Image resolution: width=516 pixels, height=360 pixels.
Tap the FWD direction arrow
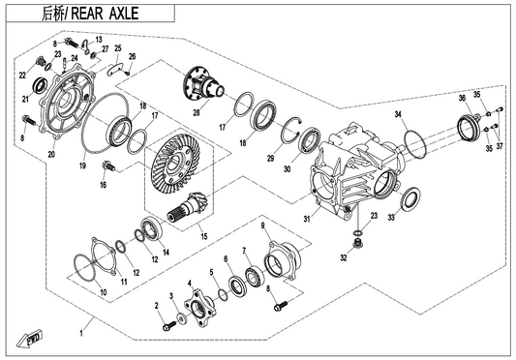click(30, 339)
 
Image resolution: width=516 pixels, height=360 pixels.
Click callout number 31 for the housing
click(307, 219)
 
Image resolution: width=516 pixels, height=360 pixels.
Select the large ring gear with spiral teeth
click(172, 163)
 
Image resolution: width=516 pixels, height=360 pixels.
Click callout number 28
click(197, 112)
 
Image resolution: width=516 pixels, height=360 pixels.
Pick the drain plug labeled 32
click(355, 244)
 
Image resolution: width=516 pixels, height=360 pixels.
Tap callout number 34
click(398, 114)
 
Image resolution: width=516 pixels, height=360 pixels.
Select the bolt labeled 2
click(169, 325)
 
